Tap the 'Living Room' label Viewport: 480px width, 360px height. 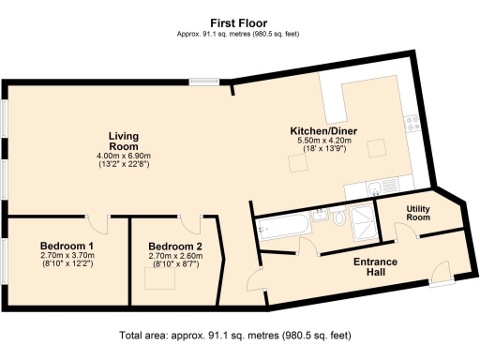tap(123, 141)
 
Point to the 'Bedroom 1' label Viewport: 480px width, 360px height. tap(65, 246)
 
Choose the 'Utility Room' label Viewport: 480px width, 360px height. tap(418, 213)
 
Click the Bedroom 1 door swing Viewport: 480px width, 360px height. tap(98, 224)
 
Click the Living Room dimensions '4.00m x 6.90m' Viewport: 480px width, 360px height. tap(123, 156)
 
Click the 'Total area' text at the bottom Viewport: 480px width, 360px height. tap(239, 336)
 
